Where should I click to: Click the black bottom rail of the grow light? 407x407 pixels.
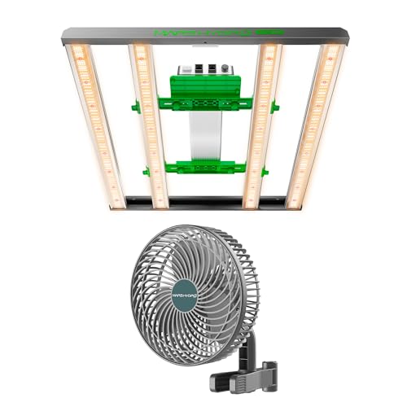[203, 198]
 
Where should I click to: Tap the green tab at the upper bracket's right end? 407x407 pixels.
[274, 104]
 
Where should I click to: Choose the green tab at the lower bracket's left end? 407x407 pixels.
[145, 170]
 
